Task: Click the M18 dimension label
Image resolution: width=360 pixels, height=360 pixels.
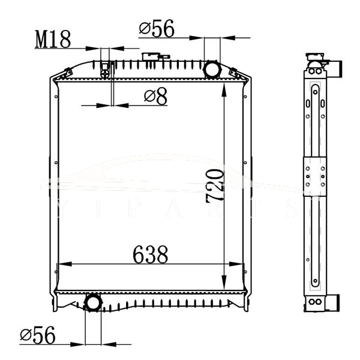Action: coord(53,40)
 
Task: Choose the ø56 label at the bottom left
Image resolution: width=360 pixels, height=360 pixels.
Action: coord(37,335)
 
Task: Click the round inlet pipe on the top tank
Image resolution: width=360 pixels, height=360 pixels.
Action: coord(212,69)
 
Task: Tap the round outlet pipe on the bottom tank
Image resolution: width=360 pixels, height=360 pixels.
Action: coord(92,302)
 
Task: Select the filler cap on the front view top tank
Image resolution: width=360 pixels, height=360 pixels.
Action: coord(150,58)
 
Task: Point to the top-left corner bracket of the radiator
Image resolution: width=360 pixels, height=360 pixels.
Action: coord(60,75)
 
